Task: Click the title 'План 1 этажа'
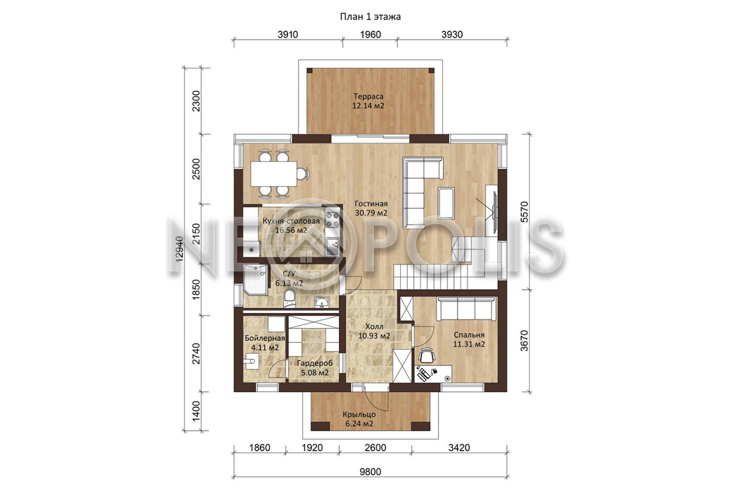(370, 16)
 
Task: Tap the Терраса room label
(368, 96)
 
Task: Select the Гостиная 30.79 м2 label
(371, 208)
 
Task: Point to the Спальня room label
(469, 335)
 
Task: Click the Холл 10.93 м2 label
(374, 331)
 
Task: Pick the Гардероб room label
(315, 363)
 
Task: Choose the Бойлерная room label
(265, 339)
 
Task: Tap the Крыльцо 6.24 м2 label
(359, 419)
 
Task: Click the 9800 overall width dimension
(370, 472)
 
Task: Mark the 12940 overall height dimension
(179, 249)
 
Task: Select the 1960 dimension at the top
(370, 34)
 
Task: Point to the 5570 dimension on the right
(524, 212)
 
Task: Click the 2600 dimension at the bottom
(375, 448)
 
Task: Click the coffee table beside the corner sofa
(447, 203)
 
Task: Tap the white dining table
(273, 174)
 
